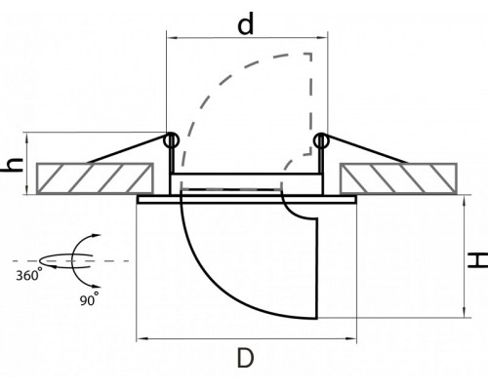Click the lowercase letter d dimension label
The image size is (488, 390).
pos(245,24)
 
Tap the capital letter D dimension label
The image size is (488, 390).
pos(245,358)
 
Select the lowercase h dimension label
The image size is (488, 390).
pos(13,165)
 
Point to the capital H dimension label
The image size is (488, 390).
pos(478,260)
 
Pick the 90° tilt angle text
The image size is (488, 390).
pos(89,299)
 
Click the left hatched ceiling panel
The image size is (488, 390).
pos(95,178)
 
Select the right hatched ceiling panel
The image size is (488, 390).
pos(398,178)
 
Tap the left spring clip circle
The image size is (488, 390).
pos(171,140)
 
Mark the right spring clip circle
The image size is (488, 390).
pos(321,140)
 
